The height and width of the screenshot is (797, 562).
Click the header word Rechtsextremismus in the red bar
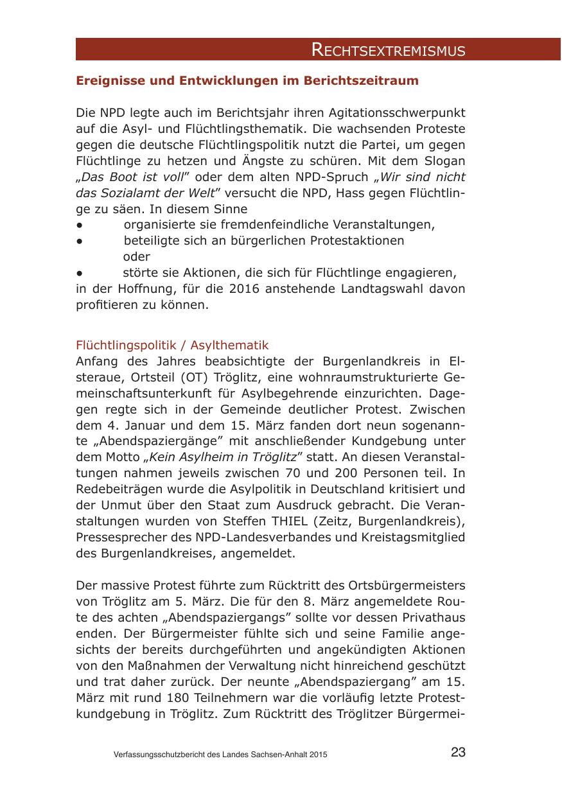(x=388, y=50)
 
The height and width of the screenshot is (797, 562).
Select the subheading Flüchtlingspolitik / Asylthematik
(x=171, y=345)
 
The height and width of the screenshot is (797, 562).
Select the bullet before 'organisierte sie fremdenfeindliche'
(x=79, y=225)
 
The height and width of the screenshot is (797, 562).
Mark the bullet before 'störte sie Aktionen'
(x=79, y=272)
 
